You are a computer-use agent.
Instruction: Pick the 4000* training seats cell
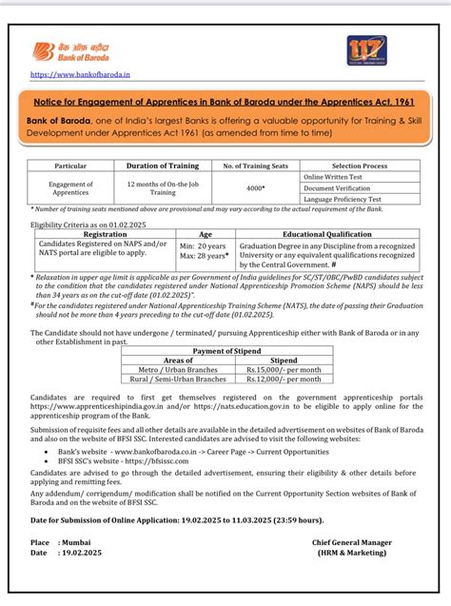(x=254, y=188)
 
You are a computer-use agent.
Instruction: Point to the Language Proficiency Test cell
(x=343, y=199)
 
